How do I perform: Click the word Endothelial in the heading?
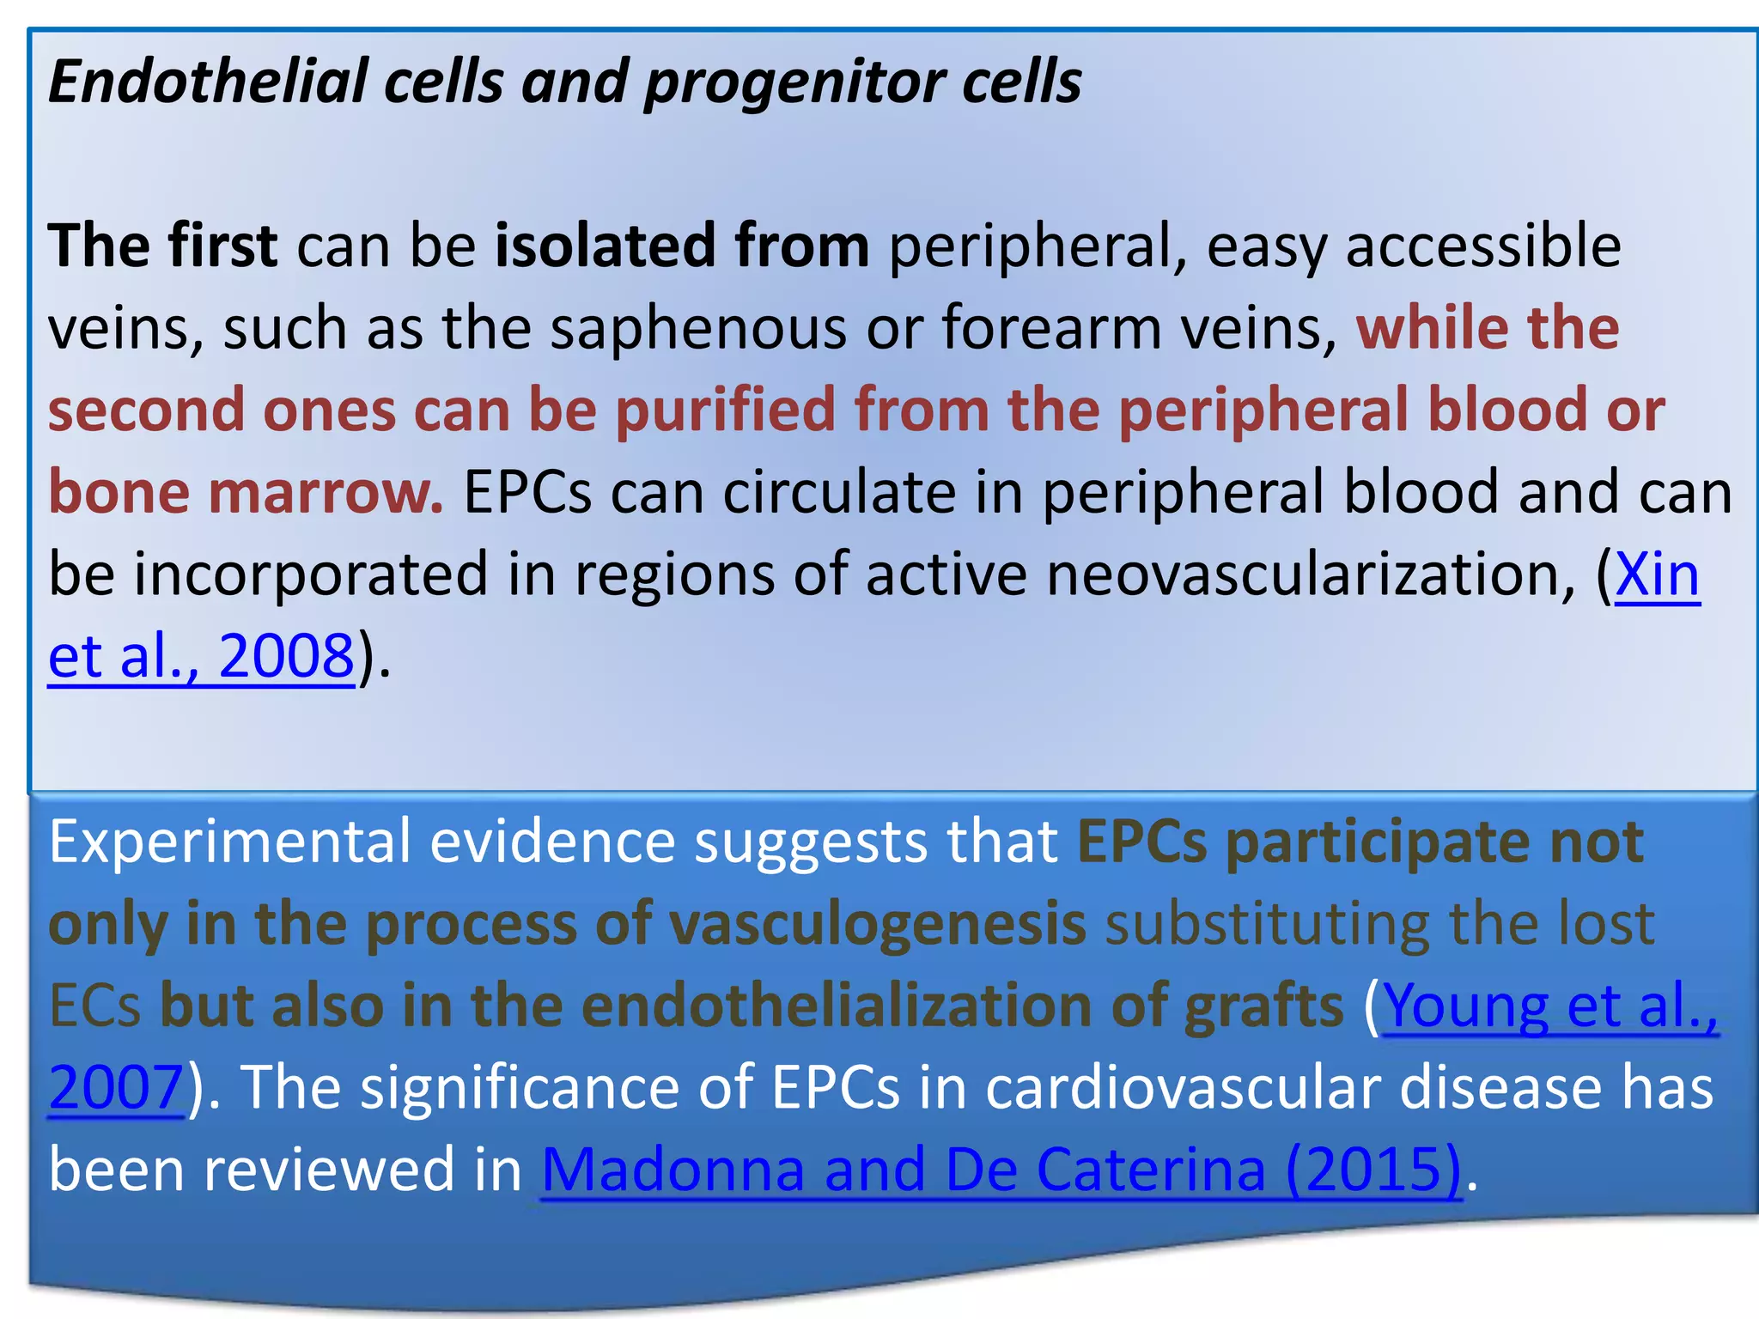pos(206,82)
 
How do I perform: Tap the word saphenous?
pos(697,330)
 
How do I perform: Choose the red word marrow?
pos(326,493)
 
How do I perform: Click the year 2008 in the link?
pos(286,656)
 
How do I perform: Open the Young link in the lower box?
pos(1465,1006)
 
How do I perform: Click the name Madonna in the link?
pos(673,1170)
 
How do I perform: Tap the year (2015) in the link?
pos(1373,1170)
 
